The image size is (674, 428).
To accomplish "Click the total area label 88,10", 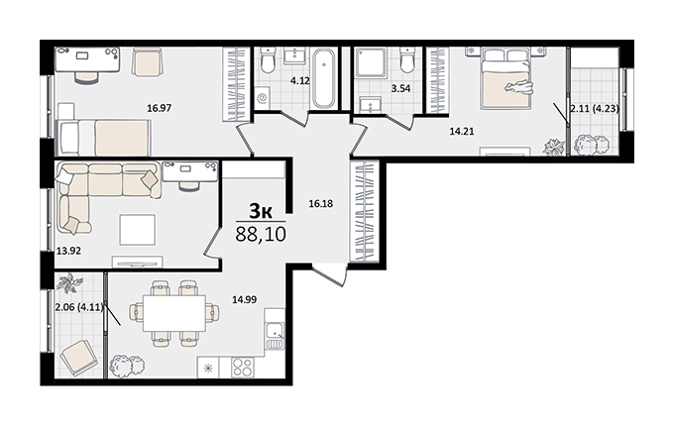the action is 261,235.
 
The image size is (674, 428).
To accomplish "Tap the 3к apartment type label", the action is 261,211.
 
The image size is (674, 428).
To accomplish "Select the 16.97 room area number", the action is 159,108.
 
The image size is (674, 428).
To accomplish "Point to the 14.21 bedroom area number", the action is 462,132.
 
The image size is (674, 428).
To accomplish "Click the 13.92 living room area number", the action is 68,251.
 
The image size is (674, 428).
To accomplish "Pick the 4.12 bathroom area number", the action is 300,81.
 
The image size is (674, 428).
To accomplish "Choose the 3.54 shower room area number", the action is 400,89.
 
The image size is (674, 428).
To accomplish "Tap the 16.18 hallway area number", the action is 321,204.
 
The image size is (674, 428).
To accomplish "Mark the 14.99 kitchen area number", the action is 244,299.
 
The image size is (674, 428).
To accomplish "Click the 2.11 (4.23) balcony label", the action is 595,109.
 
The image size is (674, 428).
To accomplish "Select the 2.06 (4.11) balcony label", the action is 80,307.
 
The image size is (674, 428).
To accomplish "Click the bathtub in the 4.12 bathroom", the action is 323,78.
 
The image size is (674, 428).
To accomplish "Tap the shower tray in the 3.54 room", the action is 370,62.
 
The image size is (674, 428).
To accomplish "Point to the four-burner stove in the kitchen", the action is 242,368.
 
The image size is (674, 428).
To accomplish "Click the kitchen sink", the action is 275,331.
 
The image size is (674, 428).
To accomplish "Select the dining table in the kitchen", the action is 174,313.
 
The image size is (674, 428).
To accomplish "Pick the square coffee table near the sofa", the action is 137,230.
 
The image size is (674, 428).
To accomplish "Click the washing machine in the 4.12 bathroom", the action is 262,98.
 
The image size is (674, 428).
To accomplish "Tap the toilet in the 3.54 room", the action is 406,60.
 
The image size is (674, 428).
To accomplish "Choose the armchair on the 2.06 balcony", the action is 78,358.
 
